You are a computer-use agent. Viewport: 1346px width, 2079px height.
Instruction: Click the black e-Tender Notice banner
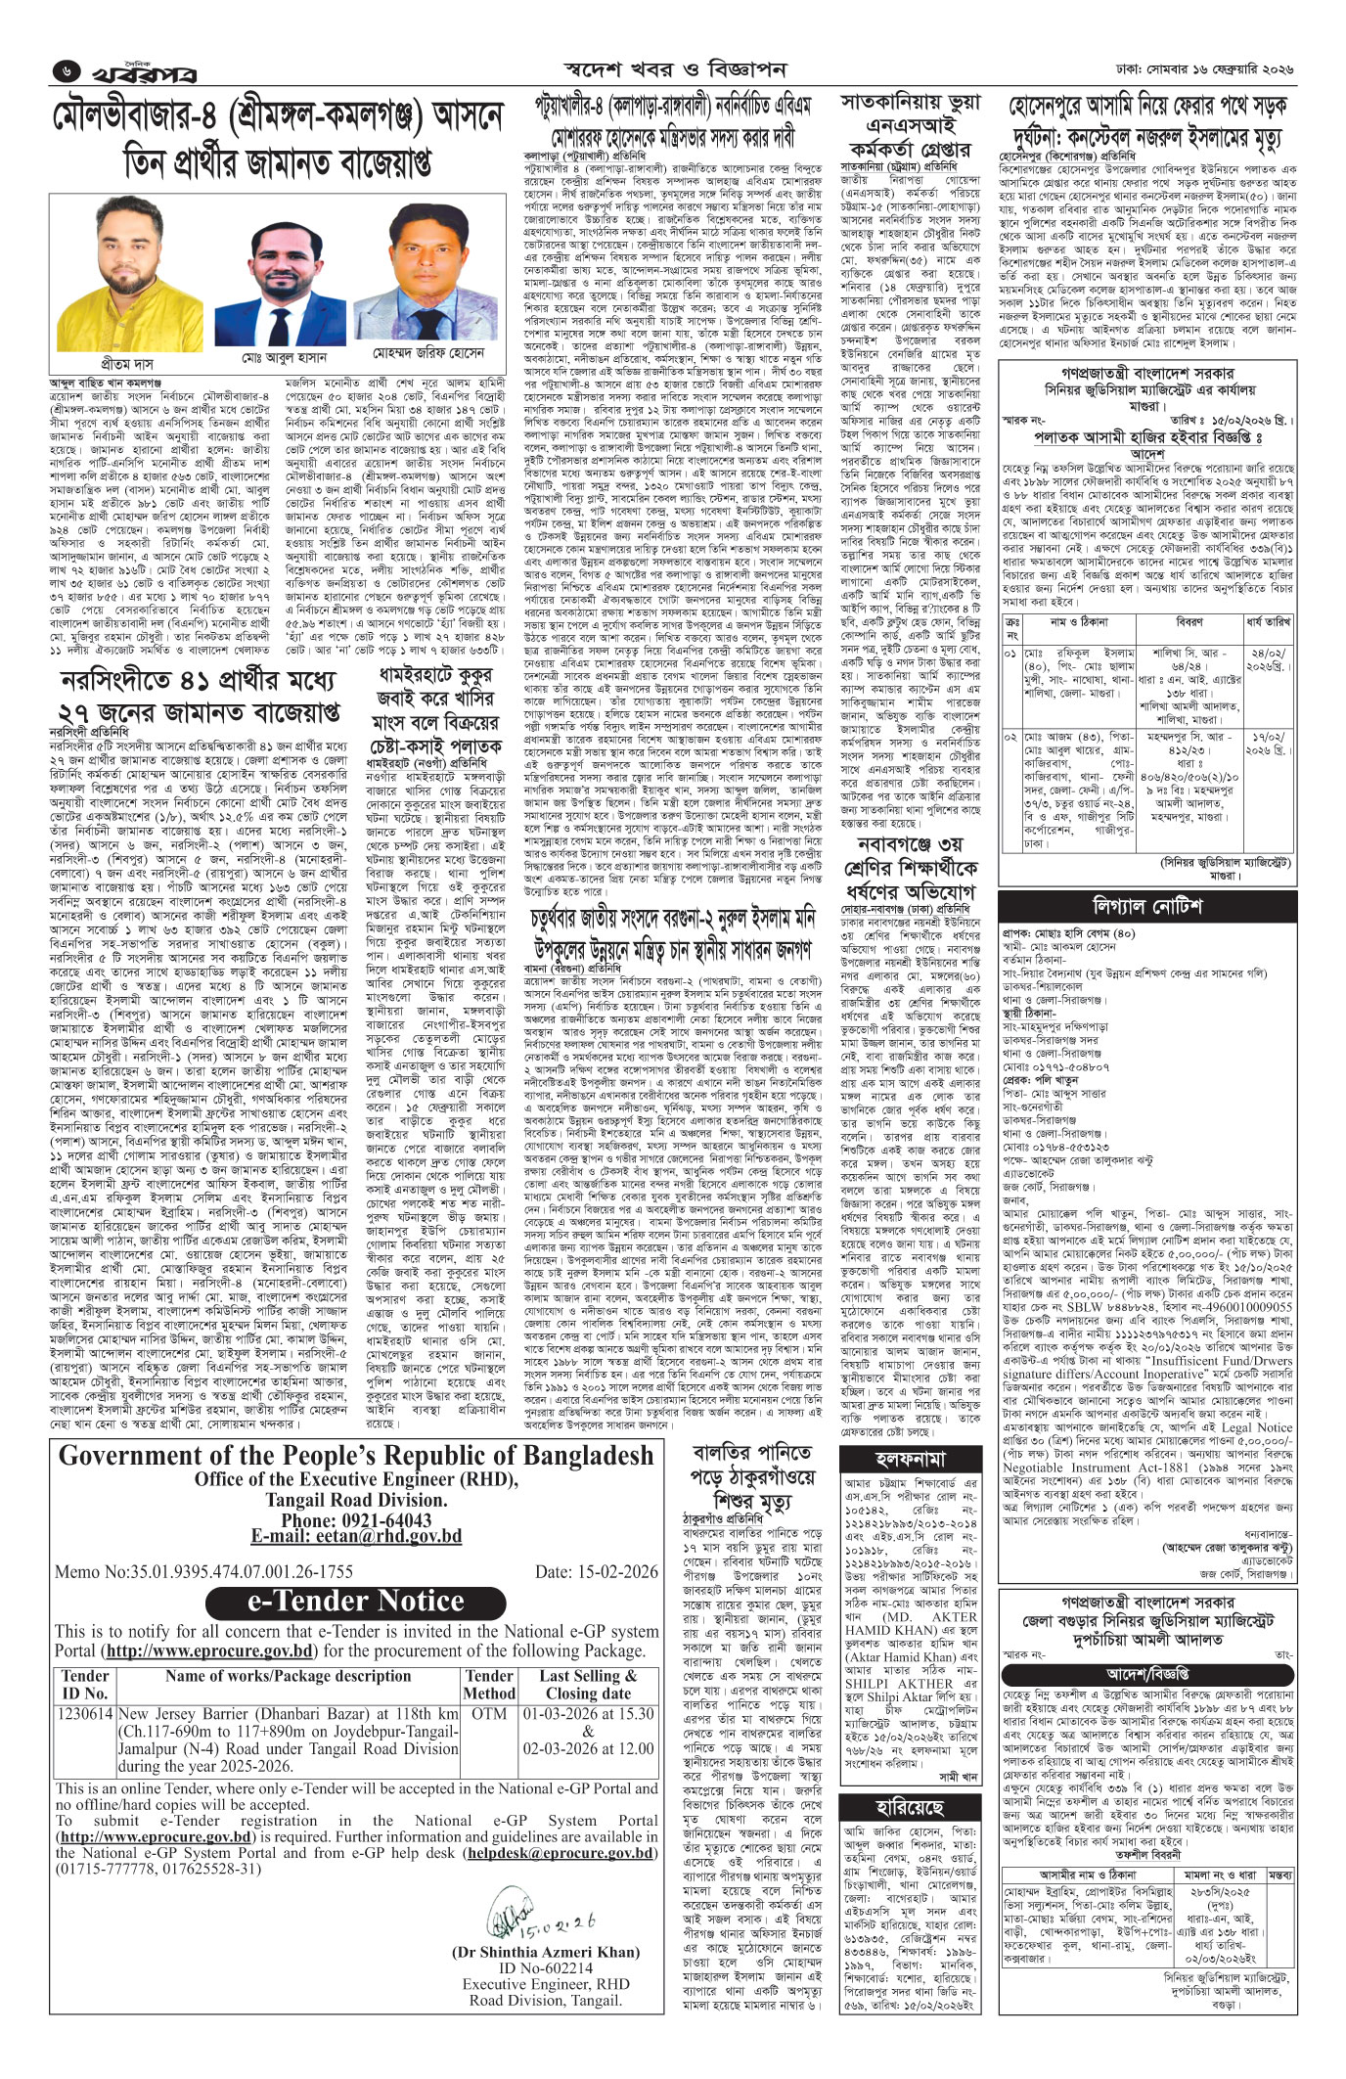[x=355, y=1601]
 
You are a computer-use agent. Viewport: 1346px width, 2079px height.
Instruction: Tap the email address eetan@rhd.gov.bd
[x=355, y=1536]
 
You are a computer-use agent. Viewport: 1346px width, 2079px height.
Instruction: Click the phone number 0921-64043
[x=356, y=1519]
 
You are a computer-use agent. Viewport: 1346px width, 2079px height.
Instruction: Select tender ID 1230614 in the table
[x=84, y=1713]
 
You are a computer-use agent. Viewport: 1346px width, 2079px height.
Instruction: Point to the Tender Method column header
[x=489, y=1684]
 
